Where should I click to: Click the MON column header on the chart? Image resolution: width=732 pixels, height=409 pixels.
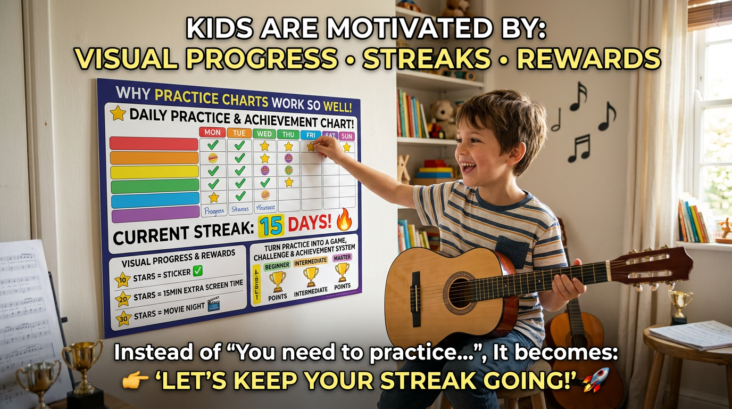click(212, 132)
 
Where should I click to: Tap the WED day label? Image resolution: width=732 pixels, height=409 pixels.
click(264, 133)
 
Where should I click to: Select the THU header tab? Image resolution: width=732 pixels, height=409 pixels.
click(288, 134)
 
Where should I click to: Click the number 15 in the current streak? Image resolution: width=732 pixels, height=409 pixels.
click(271, 225)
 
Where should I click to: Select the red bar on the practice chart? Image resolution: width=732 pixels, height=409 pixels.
click(154, 144)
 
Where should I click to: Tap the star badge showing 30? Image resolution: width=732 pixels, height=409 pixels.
click(123, 318)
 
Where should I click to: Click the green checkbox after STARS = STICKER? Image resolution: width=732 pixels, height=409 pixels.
click(197, 271)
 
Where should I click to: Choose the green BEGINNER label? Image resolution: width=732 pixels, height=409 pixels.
click(277, 265)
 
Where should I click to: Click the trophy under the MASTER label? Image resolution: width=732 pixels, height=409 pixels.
click(343, 272)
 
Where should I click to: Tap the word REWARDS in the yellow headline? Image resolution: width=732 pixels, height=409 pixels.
click(588, 59)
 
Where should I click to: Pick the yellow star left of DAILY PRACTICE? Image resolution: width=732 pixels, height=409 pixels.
click(118, 113)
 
